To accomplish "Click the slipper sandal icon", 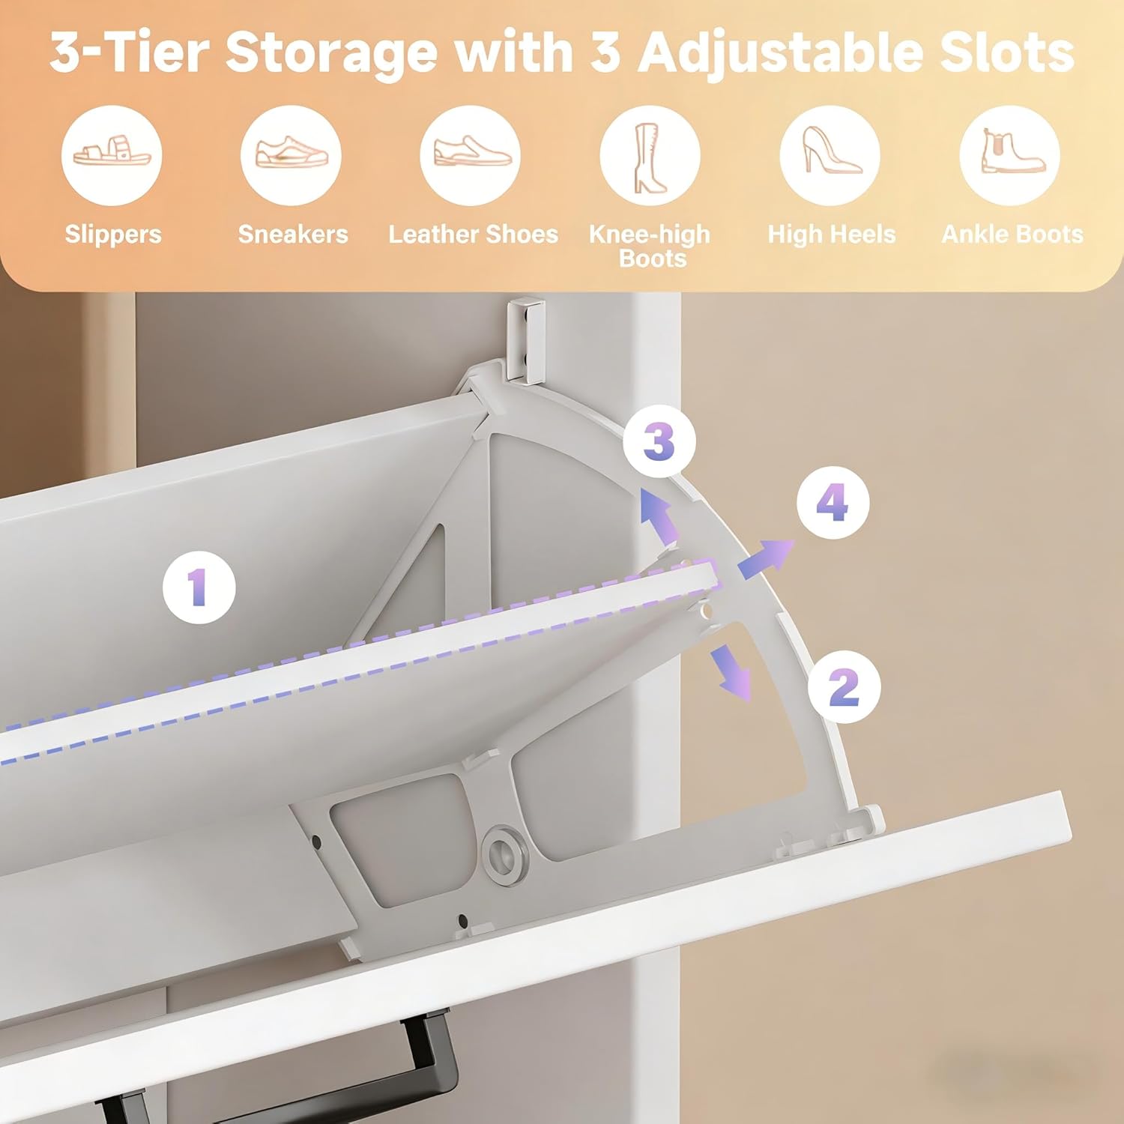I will (112, 155).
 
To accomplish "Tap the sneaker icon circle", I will (291, 155).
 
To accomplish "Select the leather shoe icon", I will (471, 155).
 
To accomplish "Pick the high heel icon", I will (830, 155).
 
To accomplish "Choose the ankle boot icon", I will (1009, 155).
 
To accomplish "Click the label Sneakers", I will (293, 235).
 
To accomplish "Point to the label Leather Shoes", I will (473, 235).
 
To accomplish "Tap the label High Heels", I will (831, 235).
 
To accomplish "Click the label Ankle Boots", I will (1012, 235).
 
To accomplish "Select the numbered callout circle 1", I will (199, 587).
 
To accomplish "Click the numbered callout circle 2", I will (844, 686).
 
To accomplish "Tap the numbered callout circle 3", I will (659, 441).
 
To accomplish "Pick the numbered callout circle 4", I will (833, 502).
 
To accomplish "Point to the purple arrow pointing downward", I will (731, 672).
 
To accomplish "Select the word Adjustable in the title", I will (779, 52).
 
